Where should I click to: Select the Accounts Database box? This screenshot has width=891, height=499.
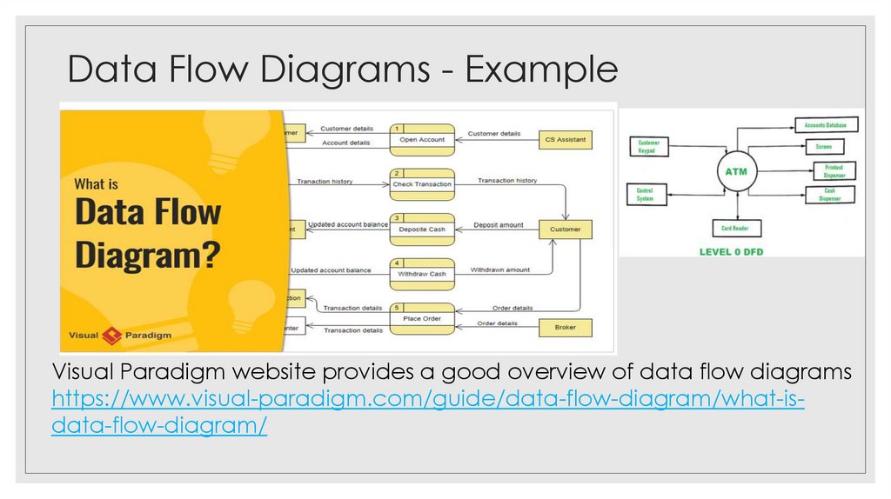point(826,125)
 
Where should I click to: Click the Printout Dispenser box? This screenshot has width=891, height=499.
point(834,171)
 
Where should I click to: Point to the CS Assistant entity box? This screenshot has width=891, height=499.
point(565,139)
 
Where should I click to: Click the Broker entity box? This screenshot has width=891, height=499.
point(565,328)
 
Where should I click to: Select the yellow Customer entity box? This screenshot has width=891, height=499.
point(565,230)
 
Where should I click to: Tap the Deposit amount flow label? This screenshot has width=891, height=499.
point(498,225)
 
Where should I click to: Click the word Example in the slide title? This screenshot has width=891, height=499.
point(541,70)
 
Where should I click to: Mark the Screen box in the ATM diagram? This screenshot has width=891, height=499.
point(823,147)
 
